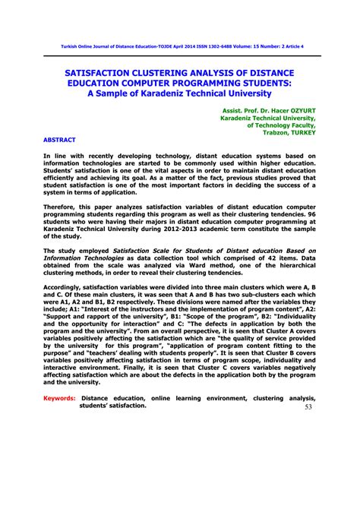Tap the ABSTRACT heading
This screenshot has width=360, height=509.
(x=59, y=141)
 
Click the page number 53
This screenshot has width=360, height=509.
(x=308, y=406)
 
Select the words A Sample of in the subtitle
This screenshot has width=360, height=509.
(x=115, y=93)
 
